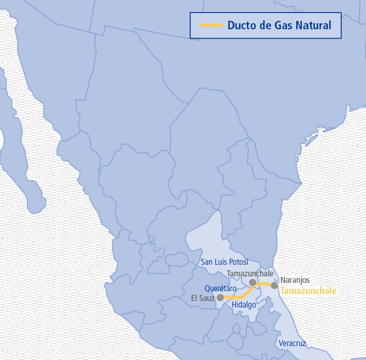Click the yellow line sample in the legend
(x=211, y=25)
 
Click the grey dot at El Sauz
(x=220, y=297)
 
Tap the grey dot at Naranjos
(x=274, y=285)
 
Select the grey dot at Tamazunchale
(x=253, y=282)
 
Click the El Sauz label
(x=203, y=298)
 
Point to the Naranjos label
(x=295, y=280)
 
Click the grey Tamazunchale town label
(x=250, y=273)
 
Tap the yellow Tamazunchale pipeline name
(x=308, y=291)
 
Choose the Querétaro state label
(x=220, y=288)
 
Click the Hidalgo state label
(x=244, y=305)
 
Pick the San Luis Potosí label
(x=225, y=262)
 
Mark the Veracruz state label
(x=293, y=343)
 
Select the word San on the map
(x=207, y=262)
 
